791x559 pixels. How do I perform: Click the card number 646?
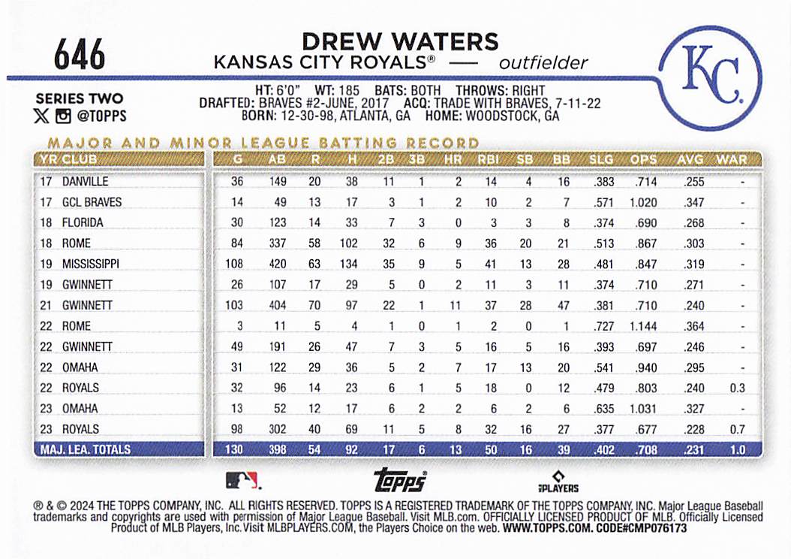pos(79,54)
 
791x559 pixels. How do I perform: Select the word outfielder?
pos(543,63)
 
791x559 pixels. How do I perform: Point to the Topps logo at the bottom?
pos(400,479)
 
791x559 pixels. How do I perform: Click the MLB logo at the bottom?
pos(242,479)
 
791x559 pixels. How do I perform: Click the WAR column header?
pos(731,159)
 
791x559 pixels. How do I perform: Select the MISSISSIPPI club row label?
pos(91,264)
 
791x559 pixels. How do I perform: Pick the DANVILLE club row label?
pos(86,182)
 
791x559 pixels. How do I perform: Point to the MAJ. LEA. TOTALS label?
pos(83,450)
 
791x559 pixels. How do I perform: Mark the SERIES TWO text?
pos(80,99)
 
